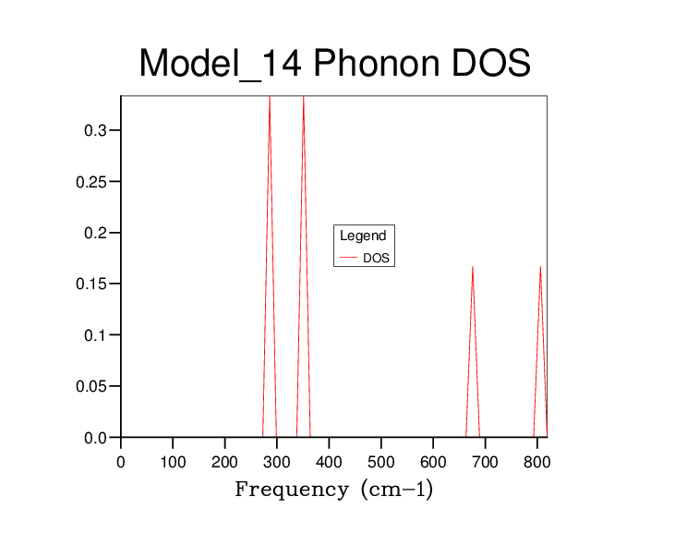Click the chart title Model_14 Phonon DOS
[334, 64]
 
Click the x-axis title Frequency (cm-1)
[333, 490]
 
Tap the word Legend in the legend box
[363, 236]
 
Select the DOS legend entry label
[376, 259]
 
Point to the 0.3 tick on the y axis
[96, 130]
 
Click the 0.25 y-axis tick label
[92, 181]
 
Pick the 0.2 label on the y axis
[96, 233]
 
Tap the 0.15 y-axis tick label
[92, 284]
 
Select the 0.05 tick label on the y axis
[92, 386]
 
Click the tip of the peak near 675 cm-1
[473, 267]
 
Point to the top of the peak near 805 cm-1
[540, 267]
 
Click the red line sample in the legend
[349, 259]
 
